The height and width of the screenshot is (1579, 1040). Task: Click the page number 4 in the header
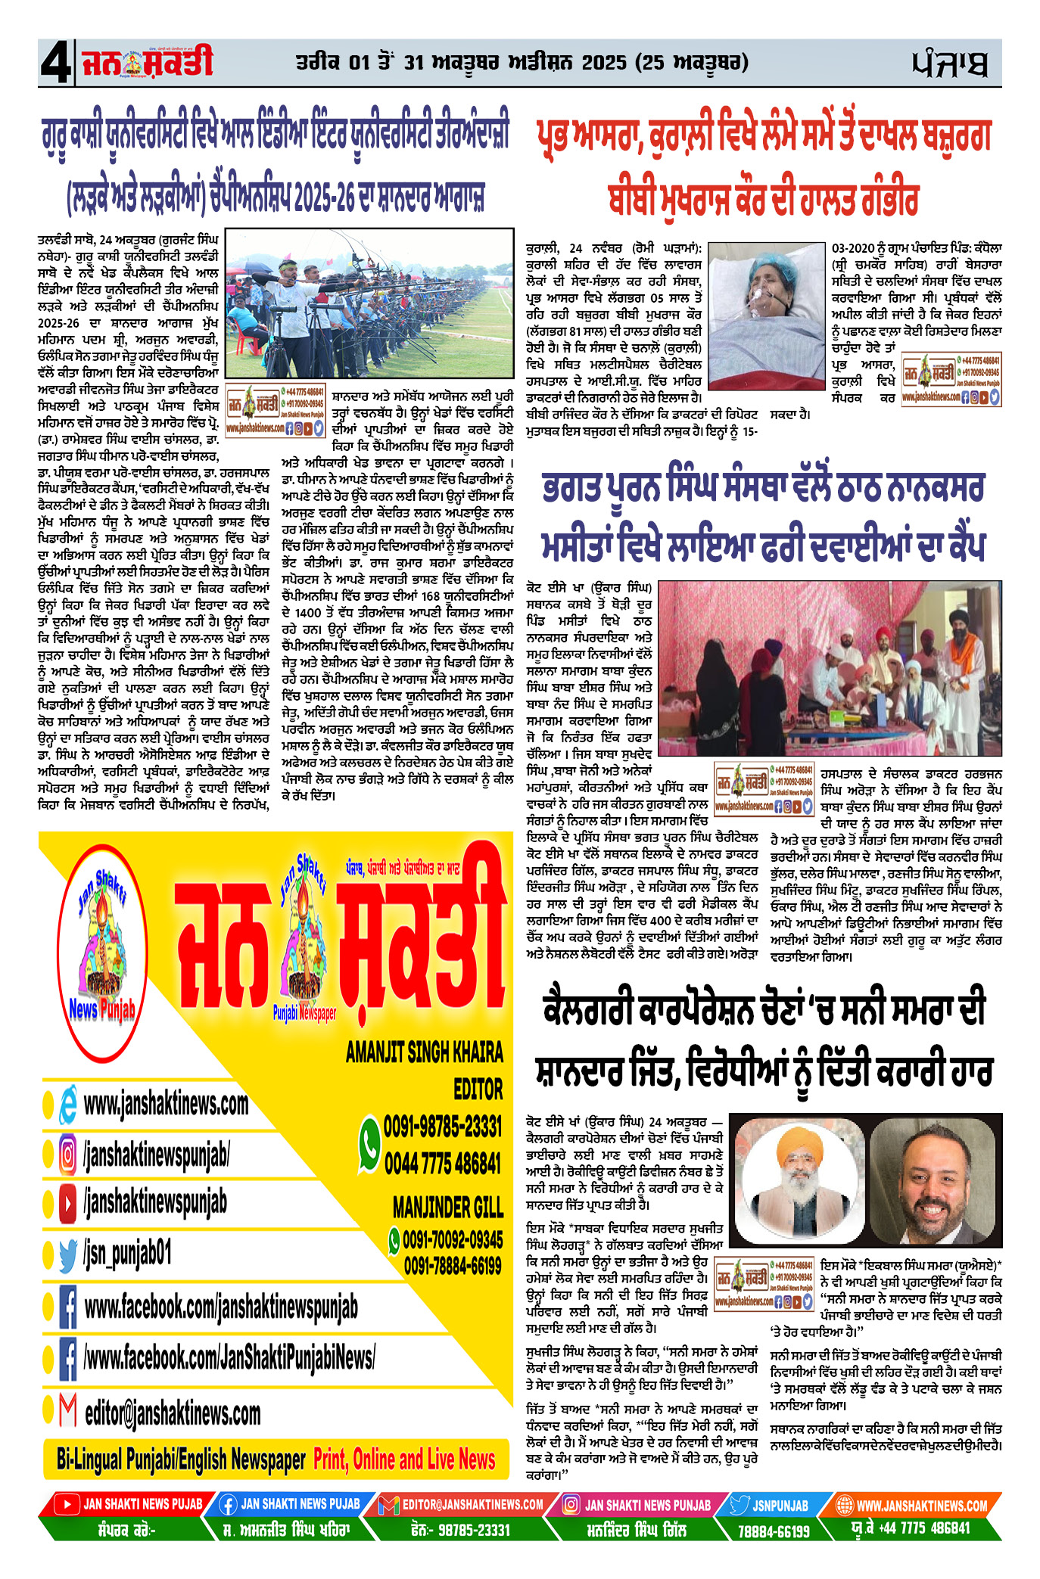click(55, 64)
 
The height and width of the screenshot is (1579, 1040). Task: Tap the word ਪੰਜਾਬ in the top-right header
click(949, 64)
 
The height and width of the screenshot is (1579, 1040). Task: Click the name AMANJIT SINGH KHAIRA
click(424, 1052)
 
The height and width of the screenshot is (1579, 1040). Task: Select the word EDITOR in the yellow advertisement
click(478, 1089)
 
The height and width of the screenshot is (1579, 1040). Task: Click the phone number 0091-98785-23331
click(443, 1127)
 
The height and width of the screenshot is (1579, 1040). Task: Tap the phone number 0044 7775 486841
click(443, 1163)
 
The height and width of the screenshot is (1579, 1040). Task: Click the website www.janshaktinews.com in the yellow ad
click(166, 1104)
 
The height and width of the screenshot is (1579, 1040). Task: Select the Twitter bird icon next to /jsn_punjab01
click(68, 1255)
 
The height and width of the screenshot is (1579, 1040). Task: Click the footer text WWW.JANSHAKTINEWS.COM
click(921, 1506)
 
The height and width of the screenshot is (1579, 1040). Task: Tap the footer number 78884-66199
click(774, 1531)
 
